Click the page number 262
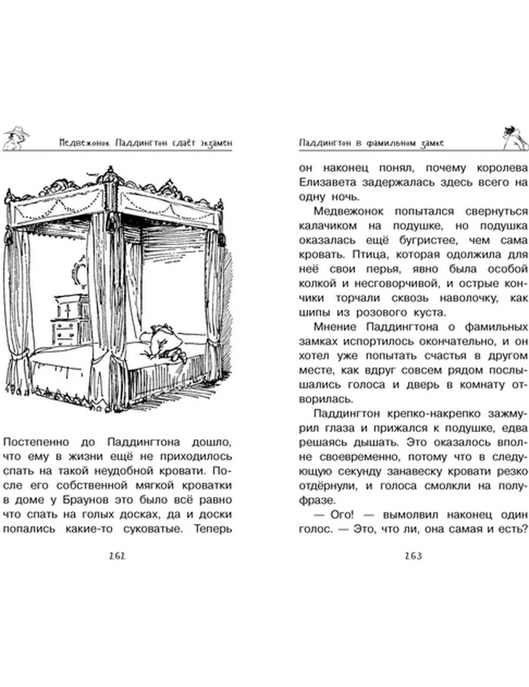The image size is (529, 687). click(x=118, y=555)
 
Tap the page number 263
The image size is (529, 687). click(x=413, y=555)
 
